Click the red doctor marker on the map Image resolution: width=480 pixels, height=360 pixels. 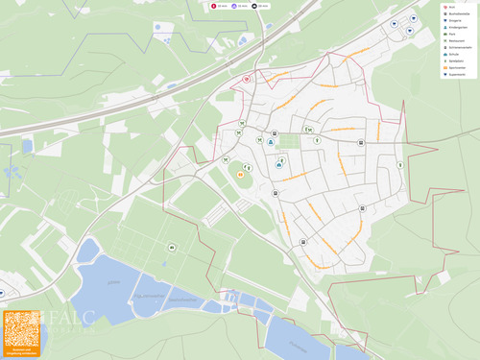[x=247, y=79]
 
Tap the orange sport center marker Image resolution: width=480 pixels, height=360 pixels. [x=240, y=175]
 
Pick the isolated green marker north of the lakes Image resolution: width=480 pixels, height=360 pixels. [x=172, y=248]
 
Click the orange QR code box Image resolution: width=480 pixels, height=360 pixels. [x=21, y=333]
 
